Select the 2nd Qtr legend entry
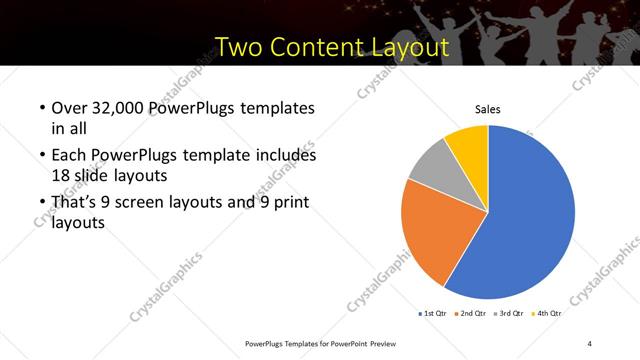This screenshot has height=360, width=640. (x=473, y=313)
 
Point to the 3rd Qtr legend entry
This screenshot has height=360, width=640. (x=511, y=313)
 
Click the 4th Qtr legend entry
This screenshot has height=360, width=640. (x=548, y=313)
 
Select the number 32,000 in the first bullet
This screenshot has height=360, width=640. (x=121, y=108)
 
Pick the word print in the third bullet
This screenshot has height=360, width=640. (x=287, y=203)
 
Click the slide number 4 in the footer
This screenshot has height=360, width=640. (x=591, y=343)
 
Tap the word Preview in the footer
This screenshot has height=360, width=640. (x=382, y=343)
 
